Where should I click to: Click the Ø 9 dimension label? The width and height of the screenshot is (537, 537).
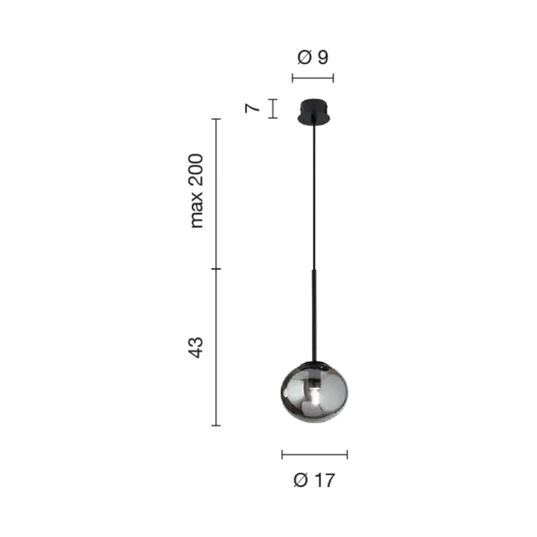313,57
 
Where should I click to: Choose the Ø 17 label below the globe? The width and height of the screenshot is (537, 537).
314,480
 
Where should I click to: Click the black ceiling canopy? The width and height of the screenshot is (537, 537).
314,111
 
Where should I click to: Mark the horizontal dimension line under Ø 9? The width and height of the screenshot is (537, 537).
313,78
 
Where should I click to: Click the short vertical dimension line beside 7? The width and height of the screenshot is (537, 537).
273,109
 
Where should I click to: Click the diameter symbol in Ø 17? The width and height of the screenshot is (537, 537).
301,480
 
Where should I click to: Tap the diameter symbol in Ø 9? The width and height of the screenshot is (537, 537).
304,57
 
